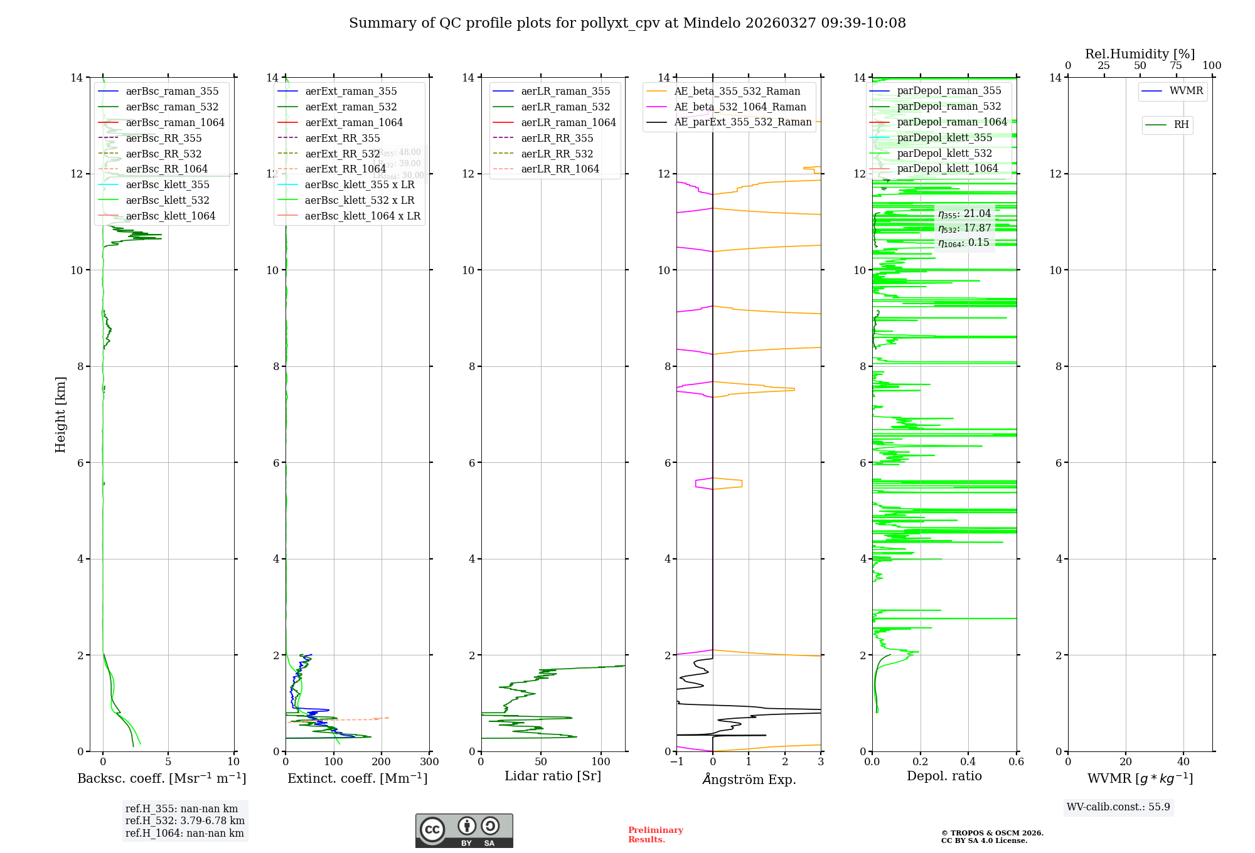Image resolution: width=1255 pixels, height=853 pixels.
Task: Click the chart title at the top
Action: (x=627, y=23)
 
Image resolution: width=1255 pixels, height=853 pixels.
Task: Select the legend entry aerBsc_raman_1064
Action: (x=174, y=122)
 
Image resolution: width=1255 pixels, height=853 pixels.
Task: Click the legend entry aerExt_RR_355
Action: (x=342, y=138)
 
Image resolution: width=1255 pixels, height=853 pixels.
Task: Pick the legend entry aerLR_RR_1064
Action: (x=560, y=169)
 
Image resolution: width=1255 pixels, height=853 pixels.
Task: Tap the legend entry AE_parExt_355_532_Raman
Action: (x=742, y=122)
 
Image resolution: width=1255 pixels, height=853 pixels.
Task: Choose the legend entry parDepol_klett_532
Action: (x=944, y=153)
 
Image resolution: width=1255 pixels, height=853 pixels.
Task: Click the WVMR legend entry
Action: (x=1185, y=91)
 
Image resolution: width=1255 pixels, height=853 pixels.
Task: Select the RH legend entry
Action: (x=1181, y=125)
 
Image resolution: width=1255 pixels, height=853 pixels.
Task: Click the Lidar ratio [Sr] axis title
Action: (x=552, y=776)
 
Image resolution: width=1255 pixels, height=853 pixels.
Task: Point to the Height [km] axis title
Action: (x=60, y=414)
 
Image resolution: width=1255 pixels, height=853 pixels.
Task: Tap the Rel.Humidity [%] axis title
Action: (x=1140, y=54)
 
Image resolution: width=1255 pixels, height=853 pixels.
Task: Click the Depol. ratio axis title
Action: (x=944, y=776)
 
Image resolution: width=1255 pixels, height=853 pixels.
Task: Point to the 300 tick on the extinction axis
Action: (x=429, y=761)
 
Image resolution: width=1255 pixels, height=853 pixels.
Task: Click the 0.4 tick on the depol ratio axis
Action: (x=968, y=761)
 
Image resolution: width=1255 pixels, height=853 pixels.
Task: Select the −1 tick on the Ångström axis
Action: (x=676, y=761)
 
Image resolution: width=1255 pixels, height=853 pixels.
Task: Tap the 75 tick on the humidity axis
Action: (x=1176, y=66)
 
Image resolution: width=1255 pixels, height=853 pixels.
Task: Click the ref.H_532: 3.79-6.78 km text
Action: (x=184, y=820)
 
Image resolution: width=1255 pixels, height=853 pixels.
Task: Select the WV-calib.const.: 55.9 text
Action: (x=1118, y=807)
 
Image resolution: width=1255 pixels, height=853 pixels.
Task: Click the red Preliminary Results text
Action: (x=655, y=834)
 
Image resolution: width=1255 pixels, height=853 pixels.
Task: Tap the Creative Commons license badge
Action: (x=464, y=830)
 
